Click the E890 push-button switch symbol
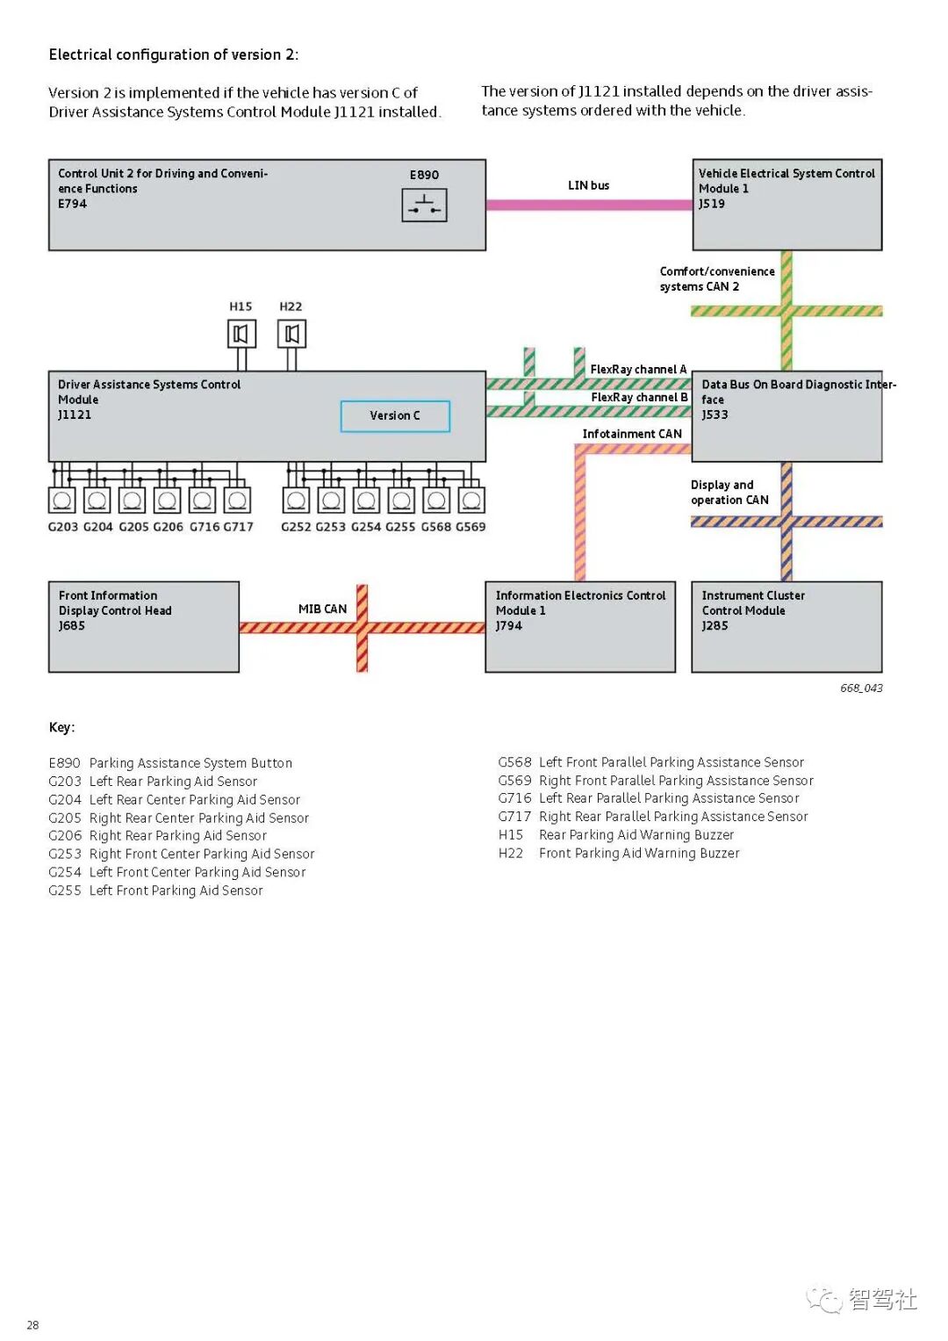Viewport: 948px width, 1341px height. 424,205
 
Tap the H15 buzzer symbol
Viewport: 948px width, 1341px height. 241,334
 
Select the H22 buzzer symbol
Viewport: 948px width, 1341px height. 291,334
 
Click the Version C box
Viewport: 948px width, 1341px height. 395,416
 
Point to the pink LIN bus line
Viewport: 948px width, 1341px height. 589,205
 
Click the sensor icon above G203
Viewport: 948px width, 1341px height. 62,500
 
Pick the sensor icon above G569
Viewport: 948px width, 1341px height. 471,500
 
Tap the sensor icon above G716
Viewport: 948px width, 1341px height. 202,500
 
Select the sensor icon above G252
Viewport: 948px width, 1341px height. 297,500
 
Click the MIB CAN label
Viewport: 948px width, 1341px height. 322,609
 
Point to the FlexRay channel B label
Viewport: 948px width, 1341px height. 639,398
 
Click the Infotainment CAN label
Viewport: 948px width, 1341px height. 632,434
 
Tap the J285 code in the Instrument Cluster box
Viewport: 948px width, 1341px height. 715,626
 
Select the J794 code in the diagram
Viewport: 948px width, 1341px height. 509,626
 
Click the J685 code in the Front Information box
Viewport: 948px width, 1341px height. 72,626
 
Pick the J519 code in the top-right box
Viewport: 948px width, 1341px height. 712,204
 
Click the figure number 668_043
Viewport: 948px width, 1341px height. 861,689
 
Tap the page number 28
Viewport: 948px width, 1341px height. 32,1325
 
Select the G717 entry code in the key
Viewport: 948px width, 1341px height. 514,817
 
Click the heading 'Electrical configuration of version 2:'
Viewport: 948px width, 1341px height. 174,54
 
